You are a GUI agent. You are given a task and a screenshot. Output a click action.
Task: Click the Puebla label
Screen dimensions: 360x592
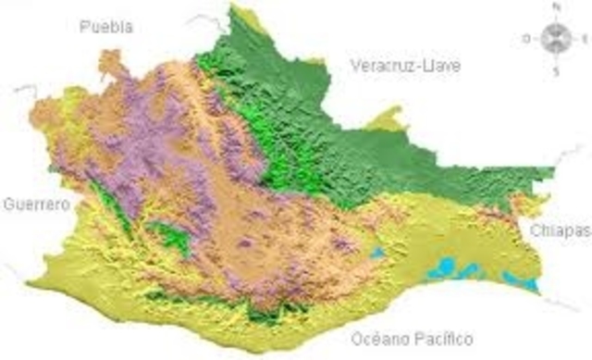pos(106,26)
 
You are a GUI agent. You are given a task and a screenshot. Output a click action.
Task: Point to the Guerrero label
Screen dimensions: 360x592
pos(36,204)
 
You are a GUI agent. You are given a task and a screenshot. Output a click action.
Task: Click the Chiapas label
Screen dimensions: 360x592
pos(558,230)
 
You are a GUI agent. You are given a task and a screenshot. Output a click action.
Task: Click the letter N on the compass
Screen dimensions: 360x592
pos(556,6)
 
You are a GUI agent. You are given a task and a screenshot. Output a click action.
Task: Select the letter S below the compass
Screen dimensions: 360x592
pos(555,71)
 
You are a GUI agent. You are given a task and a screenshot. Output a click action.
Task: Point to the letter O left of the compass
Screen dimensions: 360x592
pos(525,39)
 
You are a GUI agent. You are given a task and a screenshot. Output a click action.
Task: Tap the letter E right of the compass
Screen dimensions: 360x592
pos(585,39)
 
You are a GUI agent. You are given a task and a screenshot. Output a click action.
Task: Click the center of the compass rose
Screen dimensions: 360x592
pos(555,38)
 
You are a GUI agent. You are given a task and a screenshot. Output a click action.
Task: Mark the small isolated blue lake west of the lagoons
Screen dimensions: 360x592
pos(376,252)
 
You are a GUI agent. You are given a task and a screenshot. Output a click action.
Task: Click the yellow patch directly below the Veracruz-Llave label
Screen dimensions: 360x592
pos(392,119)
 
